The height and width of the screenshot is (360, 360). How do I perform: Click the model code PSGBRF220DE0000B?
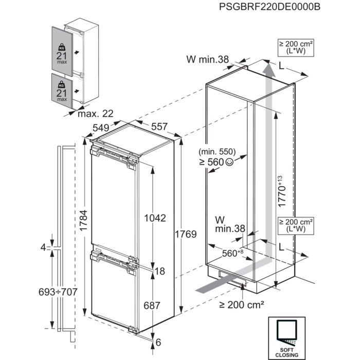pos(263,7)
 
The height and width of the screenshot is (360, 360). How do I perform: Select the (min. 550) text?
pos(217,152)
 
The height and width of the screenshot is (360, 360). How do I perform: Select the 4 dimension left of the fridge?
pos(44,247)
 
